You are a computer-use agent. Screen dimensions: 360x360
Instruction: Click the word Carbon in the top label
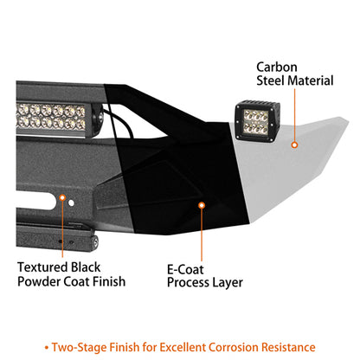click(277, 67)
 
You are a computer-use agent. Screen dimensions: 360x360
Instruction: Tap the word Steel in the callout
click(270, 80)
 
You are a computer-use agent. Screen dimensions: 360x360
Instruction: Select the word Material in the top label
click(311, 80)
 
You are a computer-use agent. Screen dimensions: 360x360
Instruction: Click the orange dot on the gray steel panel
click(294, 145)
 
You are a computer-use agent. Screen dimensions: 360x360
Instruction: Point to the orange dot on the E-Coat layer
click(202, 205)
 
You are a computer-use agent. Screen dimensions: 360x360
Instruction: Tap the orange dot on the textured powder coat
click(62, 197)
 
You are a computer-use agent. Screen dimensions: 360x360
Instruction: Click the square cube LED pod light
click(257, 121)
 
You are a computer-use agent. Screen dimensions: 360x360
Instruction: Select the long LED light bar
click(59, 118)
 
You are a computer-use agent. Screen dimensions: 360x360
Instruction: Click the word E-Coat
click(185, 270)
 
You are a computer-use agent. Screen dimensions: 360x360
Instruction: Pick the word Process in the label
click(189, 282)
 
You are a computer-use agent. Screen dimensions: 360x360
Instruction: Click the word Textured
click(42, 267)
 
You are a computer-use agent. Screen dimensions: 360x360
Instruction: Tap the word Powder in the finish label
click(39, 281)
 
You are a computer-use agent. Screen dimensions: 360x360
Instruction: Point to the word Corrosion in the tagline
click(234, 347)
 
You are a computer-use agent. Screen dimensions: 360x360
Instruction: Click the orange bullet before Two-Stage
click(47, 348)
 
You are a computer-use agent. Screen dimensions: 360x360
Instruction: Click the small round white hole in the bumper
click(71, 203)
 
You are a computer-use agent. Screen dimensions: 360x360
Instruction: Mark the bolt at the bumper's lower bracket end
click(95, 241)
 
